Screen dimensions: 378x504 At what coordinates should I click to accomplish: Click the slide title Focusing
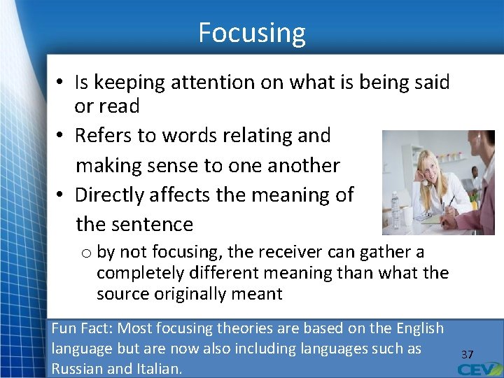tap(252, 33)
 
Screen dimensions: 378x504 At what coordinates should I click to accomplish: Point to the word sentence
tap(154, 224)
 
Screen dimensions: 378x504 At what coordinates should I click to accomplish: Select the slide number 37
tap(467, 355)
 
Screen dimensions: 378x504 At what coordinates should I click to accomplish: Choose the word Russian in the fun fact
tap(78, 368)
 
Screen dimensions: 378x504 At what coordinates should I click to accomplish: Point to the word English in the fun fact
tap(419, 328)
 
